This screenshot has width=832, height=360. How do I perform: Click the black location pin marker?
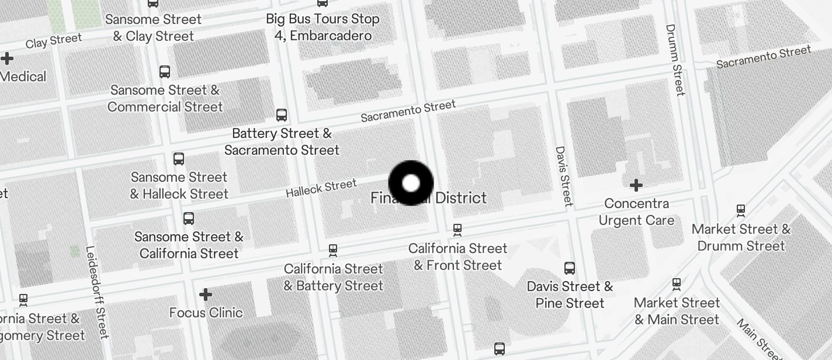click(411, 183)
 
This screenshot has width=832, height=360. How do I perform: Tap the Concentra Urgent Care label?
click(636, 212)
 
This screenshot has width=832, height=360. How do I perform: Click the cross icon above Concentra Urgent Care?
click(636, 186)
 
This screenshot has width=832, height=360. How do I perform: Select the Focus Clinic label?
click(206, 313)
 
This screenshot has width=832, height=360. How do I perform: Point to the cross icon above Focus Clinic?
click(206, 295)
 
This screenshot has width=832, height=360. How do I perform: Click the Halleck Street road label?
click(321, 188)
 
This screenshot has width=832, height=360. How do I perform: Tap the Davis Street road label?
click(563, 176)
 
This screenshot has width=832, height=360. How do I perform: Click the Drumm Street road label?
click(675, 59)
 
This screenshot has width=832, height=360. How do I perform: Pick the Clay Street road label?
click(54, 41)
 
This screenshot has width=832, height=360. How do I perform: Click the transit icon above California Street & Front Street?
click(457, 230)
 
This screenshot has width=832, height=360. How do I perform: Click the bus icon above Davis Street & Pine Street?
click(570, 268)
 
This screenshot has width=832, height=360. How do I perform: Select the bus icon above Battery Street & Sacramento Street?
click(282, 115)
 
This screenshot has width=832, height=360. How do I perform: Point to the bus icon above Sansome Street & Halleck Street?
click(179, 158)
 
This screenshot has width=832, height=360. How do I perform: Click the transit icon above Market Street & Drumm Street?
click(741, 210)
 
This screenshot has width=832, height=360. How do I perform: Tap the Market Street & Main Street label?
click(677, 311)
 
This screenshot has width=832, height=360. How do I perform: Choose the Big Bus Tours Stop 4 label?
click(323, 27)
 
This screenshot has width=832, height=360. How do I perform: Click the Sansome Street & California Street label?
click(189, 245)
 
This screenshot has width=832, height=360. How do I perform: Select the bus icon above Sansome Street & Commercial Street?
click(165, 72)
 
